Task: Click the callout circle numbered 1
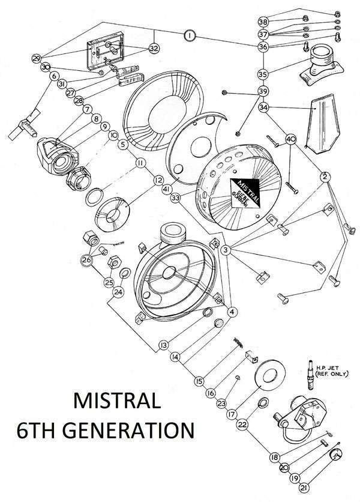tap(189, 36)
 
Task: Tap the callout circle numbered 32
tap(154, 48)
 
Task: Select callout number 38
tap(263, 21)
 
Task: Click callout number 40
tap(291, 139)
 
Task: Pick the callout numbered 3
tap(226, 249)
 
